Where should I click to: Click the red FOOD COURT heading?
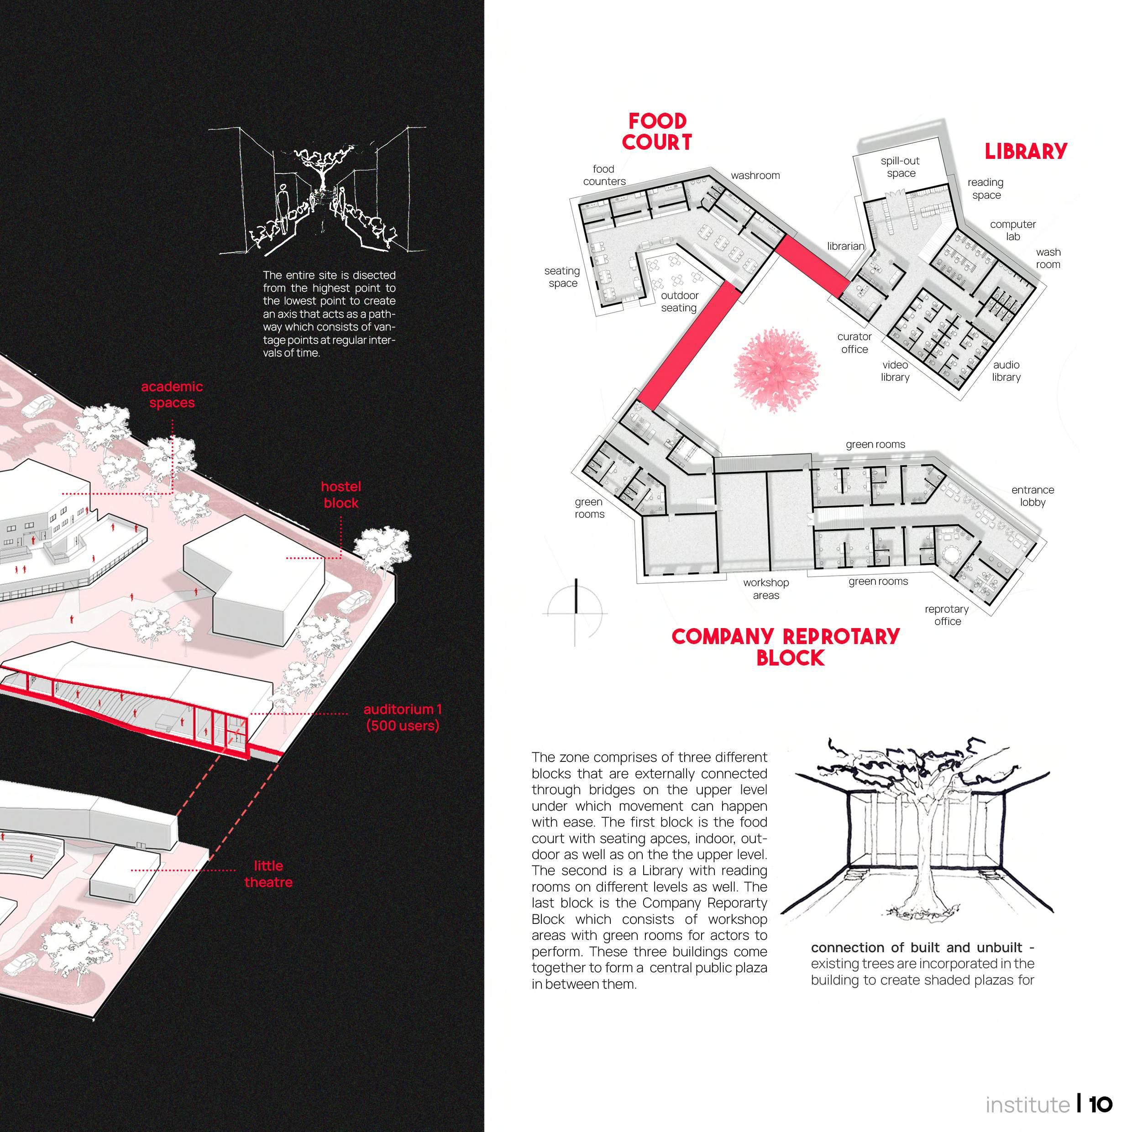tap(656, 132)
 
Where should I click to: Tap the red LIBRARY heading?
tap(1025, 152)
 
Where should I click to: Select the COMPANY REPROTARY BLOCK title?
tap(786, 647)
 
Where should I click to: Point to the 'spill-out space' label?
tap(900, 167)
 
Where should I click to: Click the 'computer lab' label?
tap(1012, 230)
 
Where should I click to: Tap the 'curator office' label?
tap(854, 343)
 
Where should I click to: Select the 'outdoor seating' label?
tap(679, 302)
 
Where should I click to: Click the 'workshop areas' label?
tap(766, 589)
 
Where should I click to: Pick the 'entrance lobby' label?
tap(1032, 496)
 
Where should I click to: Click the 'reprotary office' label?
tap(947, 615)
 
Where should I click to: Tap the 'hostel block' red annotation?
tap(341, 494)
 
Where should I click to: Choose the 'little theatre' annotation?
tap(268, 874)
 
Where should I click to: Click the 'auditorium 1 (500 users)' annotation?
tap(403, 717)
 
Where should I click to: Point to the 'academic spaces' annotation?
tap(172, 394)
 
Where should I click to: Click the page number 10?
tap(1101, 1105)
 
